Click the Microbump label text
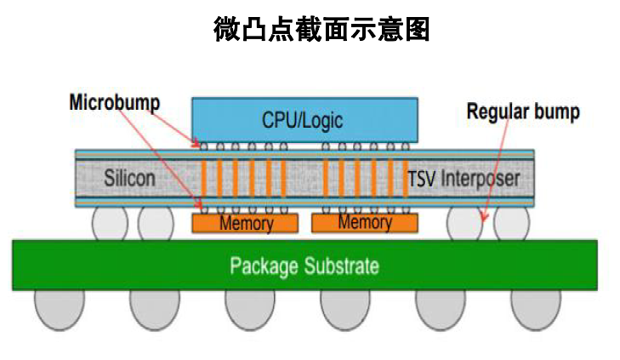point(114,103)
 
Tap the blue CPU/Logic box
point(304,119)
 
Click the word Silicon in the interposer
point(129,179)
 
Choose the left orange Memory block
point(245,223)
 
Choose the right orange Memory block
point(364,223)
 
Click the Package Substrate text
point(304,266)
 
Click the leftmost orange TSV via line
point(204,178)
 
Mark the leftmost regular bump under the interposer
point(110,223)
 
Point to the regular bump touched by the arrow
point(465,223)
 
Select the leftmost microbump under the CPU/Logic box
point(204,146)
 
